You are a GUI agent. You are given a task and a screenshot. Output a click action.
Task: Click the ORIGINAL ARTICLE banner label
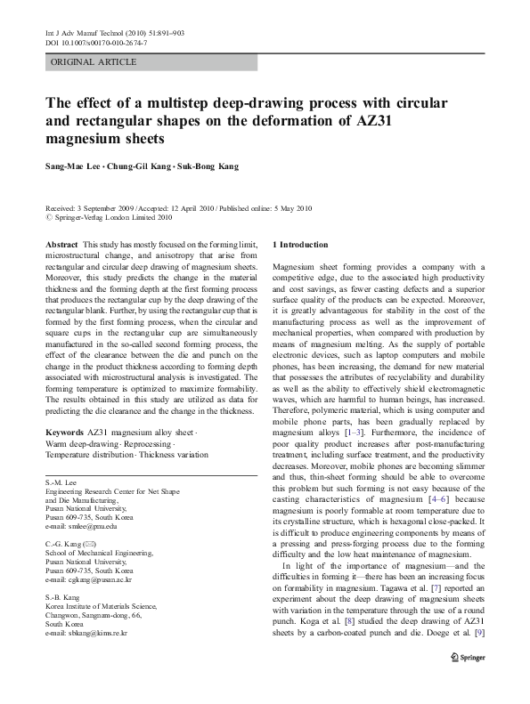coord(94,62)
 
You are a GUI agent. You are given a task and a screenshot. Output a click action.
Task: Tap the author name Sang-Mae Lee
coord(72,166)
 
